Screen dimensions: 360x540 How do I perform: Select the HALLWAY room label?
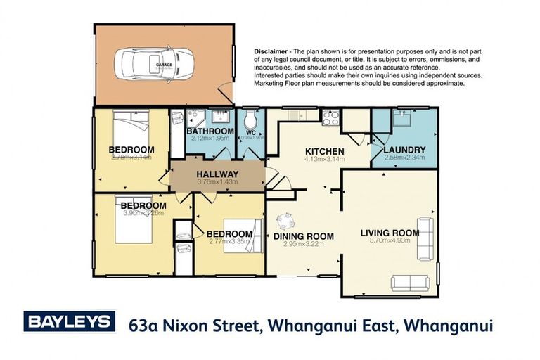click(217, 174)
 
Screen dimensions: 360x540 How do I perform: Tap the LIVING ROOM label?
click(389, 233)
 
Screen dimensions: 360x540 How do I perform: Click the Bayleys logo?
click(69, 323)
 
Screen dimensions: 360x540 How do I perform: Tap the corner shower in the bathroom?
click(195, 117)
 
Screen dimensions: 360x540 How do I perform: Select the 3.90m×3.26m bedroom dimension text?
click(143, 213)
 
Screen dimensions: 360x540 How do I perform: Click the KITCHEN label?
click(323, 151)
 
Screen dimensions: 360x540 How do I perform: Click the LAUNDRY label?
click(404, 150)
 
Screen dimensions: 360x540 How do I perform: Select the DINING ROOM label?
click(303, 236)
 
